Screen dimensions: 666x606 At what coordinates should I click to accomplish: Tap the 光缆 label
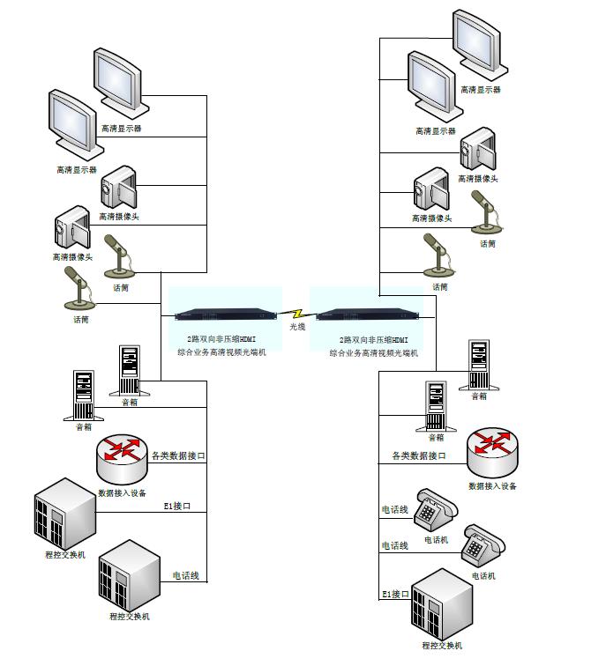[x=298, y=328]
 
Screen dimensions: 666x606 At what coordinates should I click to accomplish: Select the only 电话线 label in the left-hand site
[x=185, y=576]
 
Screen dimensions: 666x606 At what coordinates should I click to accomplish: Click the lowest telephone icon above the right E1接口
[x=483, y=548]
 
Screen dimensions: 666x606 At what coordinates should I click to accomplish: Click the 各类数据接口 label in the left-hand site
[x=178, y=456]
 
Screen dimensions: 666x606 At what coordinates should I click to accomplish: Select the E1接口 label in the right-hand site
[x=395, y=595]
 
